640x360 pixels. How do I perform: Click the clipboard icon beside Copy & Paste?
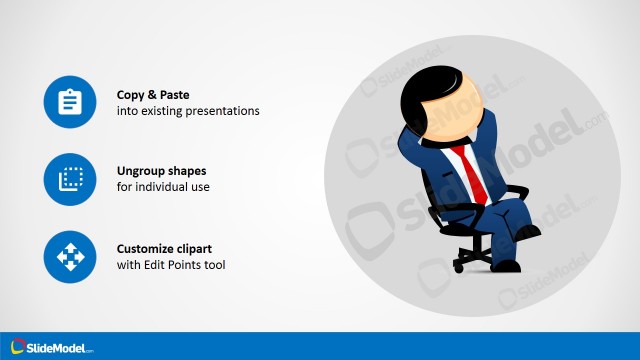(70, 102)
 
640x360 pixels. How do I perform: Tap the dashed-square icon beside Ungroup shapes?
(70, 179)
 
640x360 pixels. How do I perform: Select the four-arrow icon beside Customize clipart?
(70, 257)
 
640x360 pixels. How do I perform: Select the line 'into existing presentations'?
(188, 111)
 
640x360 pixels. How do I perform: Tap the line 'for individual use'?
(163, 188)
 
